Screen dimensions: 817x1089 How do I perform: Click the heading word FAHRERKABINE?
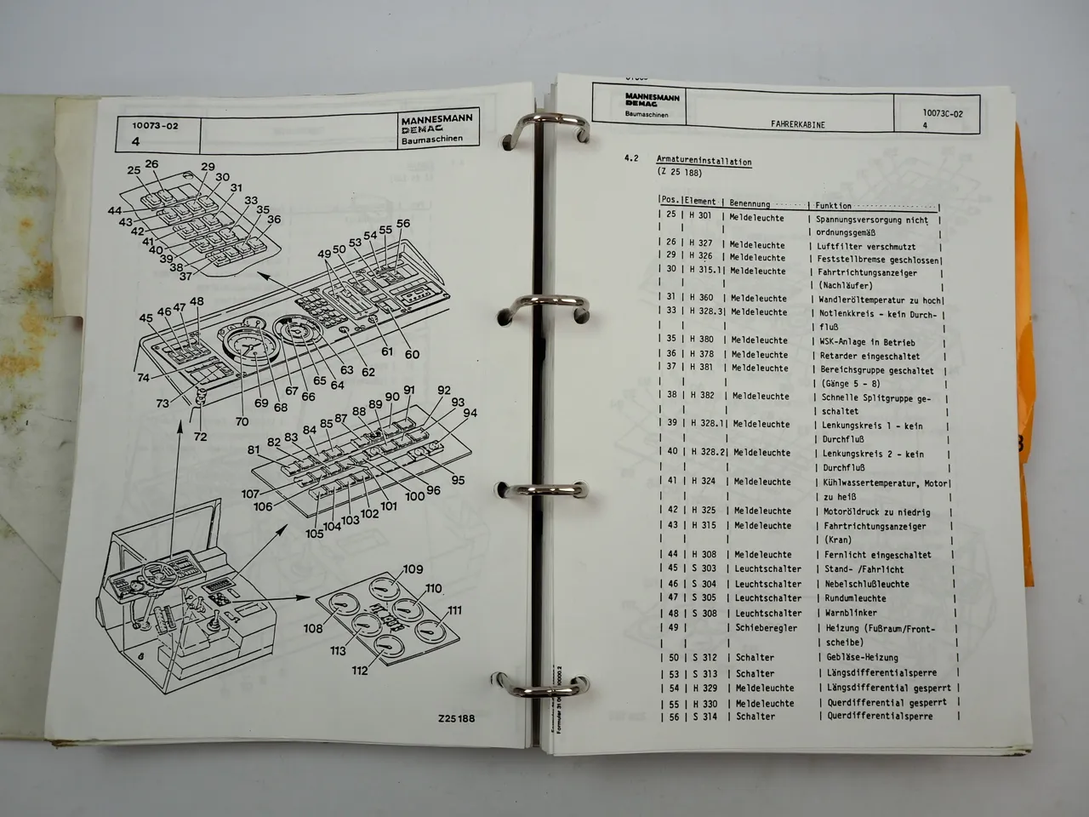coord(797,124)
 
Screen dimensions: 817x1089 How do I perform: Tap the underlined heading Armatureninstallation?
coord(704,161)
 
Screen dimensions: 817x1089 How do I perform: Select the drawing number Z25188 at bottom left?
coord(457,718)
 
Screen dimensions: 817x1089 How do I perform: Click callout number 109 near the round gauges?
coord(413,569)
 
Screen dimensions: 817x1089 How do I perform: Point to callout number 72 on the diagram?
coord(200,437)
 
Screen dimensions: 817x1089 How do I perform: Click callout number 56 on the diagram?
coord(402,224)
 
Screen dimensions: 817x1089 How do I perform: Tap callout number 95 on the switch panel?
coord(458,480)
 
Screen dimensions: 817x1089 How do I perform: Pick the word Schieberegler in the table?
coord(766,628)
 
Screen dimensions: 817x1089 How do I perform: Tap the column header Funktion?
coord(833,205)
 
